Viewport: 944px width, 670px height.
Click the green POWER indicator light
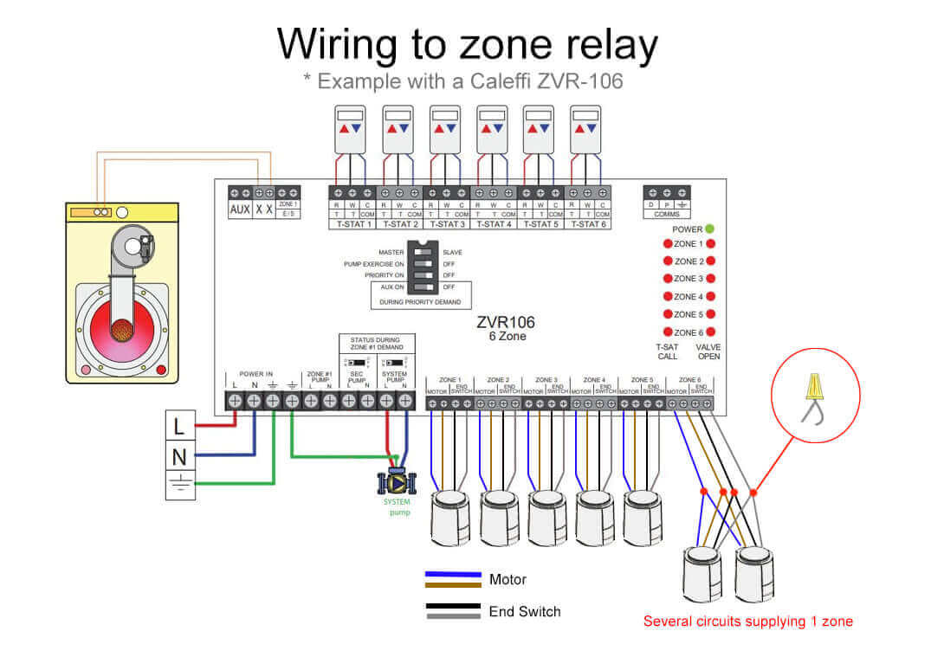point(709,229)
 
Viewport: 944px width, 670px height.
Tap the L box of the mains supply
point(180,426)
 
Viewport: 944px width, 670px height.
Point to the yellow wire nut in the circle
point(813,386)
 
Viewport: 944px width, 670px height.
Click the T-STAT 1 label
point(352,224)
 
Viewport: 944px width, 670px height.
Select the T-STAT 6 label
point(588,224)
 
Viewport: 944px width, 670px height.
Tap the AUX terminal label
point(239,209)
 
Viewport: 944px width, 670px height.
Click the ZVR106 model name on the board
point(505,322)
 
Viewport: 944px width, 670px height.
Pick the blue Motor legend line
point(453,574)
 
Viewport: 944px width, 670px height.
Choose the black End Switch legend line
point(453,606)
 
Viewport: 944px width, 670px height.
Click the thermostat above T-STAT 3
point(444,130)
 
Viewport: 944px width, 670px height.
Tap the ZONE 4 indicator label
point(689,297)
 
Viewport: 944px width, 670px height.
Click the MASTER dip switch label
point(391,252)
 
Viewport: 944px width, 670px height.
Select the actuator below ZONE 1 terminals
point(449,518)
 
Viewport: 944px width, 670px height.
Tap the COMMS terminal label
point(666,213)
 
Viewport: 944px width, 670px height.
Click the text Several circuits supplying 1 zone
point(747,621)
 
